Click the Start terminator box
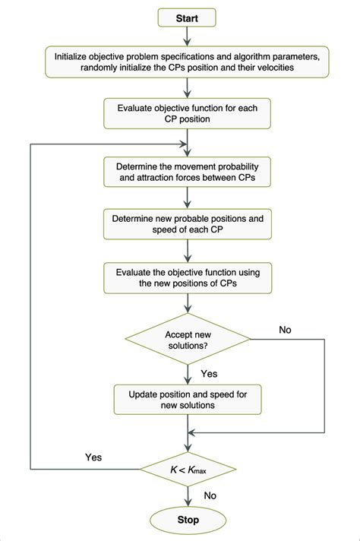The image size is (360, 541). [188, 17]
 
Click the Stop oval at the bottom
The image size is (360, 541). [188, 520]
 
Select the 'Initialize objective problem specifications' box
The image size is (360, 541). [188, 62]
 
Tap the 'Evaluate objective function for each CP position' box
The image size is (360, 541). [188, 113]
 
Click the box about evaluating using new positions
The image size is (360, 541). [188, 277]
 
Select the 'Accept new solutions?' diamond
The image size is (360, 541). [188, 337]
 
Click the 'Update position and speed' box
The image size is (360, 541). [188, 400]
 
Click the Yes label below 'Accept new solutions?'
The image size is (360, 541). [209, 375]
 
